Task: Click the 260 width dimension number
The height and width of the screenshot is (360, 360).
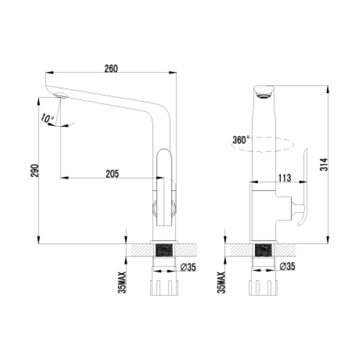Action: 111,68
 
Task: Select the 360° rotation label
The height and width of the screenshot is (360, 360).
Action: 239,140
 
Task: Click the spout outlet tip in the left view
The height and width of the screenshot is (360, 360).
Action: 59,95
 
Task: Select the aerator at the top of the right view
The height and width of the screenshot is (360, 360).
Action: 263,92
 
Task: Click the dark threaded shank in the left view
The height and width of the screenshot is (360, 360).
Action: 164,251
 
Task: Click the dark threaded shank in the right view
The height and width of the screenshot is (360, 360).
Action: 263,251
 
